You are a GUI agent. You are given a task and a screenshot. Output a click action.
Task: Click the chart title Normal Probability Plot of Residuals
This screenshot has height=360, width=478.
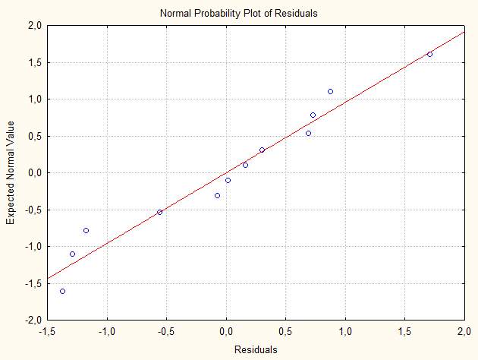(239, 13)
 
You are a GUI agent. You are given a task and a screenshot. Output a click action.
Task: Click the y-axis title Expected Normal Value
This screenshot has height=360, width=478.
(11, 172)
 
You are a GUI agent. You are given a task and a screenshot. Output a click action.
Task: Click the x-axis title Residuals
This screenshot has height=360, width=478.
(256, 350)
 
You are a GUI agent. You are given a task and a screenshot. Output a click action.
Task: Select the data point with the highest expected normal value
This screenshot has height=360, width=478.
(429, 54)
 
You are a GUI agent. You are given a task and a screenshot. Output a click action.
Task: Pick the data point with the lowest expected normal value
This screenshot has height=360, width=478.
(62, 291)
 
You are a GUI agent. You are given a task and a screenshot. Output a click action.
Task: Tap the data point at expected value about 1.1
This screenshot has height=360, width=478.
(330, 91)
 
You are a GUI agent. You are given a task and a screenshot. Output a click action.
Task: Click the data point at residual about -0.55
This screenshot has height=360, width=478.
(159, 212)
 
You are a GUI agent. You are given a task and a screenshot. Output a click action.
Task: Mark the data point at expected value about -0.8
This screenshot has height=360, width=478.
(86, 230)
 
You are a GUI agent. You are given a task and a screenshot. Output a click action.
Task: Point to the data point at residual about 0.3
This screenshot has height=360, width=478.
(262, 150)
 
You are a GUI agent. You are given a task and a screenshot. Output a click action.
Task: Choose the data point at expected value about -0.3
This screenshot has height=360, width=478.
(217, 195)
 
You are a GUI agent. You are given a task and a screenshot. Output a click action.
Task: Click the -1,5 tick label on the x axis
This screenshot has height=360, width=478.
(46, 332)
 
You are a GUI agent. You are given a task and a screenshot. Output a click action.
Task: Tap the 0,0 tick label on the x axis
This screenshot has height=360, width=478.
(226, 332)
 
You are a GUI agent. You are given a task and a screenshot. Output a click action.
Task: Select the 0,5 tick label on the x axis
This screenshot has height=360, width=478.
(286, 332)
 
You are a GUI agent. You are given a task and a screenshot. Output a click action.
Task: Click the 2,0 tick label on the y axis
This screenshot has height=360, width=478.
(33, 26)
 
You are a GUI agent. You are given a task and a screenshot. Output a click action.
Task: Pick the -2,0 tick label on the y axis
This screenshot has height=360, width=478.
(32, 321)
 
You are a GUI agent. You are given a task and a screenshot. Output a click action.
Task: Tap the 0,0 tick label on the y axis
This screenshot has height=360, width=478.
(33, 173)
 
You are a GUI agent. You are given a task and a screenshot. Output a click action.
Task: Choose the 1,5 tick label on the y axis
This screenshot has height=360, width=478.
(33, 62)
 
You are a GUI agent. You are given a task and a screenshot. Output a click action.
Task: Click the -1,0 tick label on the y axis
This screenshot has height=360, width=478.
(32, 247)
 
